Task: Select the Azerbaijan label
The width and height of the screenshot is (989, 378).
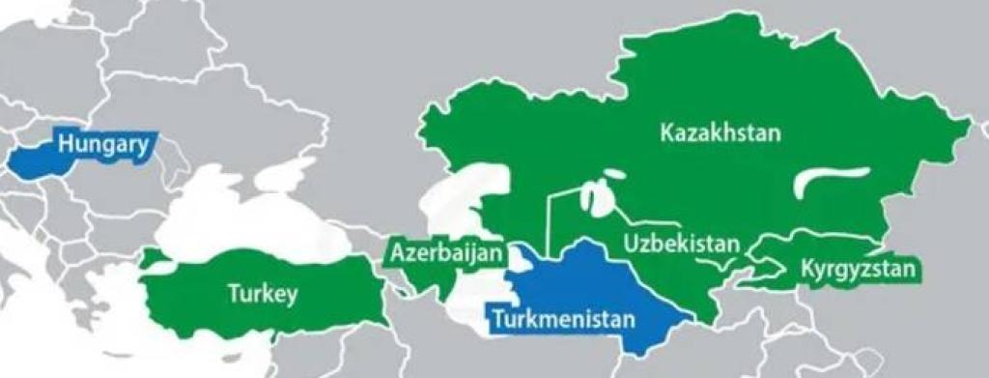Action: (x=447, y=254)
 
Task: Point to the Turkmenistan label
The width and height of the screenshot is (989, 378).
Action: (x=562, y=317)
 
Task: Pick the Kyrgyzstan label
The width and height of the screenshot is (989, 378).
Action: (x=857, y=270)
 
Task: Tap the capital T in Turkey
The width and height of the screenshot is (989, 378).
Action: (x=232, y=293)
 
